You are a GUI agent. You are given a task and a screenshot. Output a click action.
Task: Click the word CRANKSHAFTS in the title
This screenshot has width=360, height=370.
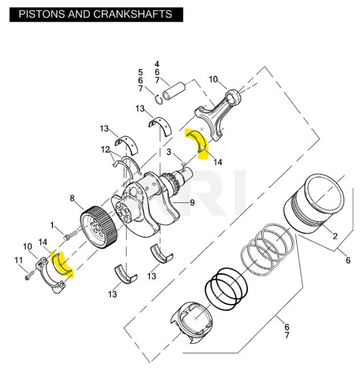pos(133,14)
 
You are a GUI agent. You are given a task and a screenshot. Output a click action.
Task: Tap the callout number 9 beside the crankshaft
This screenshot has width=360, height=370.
pos(193,202)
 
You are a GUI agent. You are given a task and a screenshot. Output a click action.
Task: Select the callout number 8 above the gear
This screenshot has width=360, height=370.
pos(72,198)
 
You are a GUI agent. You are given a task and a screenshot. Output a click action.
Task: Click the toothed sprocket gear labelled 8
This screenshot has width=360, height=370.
pos(99,227)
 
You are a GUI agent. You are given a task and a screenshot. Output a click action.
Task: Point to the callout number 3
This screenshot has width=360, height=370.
pos(169,152)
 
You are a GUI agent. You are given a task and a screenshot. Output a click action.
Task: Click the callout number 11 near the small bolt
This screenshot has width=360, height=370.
pos(19,261)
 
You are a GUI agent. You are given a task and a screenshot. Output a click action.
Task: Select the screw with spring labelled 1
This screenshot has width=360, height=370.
pos(71,234)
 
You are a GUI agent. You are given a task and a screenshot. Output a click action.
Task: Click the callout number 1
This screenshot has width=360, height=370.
pos(52,225)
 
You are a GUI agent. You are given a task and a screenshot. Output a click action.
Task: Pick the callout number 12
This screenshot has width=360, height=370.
pos(105,149)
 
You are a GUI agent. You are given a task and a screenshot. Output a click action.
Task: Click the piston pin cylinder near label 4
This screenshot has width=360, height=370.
pos(174,91)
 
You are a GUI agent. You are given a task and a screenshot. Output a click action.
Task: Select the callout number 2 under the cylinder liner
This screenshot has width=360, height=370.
pos(335,235)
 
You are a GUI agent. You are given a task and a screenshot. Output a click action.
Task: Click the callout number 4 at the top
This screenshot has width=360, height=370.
pos(157,64)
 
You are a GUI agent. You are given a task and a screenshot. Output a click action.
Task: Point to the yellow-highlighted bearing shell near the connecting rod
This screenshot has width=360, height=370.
pos(197,141)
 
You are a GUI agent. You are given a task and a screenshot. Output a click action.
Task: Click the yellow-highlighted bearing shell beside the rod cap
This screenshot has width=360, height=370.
pos(62,265)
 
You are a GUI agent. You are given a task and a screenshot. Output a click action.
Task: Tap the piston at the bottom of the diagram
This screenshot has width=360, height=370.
pos(191,323)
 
